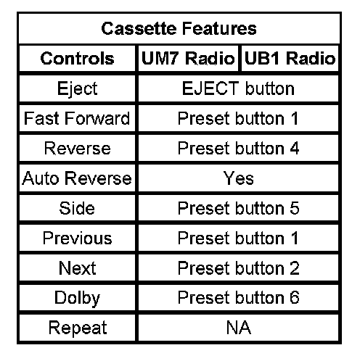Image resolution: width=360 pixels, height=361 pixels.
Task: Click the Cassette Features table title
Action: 179,28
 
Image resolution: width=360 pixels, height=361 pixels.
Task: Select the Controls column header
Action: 77,59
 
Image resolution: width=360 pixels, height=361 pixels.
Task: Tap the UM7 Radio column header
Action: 188,59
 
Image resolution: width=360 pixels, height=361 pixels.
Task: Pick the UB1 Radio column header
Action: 290,59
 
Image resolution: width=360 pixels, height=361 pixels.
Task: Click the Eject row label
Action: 77,88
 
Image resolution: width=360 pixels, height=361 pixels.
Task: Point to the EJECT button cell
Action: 238,88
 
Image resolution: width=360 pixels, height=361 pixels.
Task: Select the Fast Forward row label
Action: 77,118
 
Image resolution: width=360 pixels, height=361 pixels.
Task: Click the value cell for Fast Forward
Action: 238,118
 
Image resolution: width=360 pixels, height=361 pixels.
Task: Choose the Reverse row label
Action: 77,148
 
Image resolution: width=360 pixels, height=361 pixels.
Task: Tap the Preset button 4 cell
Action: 238,148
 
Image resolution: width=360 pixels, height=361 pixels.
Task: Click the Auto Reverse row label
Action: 77,178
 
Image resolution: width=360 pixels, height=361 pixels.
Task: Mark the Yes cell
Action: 238,178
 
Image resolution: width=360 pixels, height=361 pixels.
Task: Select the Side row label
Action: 77,208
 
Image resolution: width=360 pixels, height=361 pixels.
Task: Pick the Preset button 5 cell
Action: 238,208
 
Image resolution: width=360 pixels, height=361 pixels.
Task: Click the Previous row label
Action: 77,238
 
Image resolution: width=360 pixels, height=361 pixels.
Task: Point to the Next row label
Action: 77,268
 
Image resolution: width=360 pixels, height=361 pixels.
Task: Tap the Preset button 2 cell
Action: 238,268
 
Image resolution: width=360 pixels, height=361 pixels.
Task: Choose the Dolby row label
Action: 77,298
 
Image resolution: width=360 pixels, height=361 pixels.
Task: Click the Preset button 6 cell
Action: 238,297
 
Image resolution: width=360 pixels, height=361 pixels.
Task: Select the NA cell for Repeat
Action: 239,328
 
